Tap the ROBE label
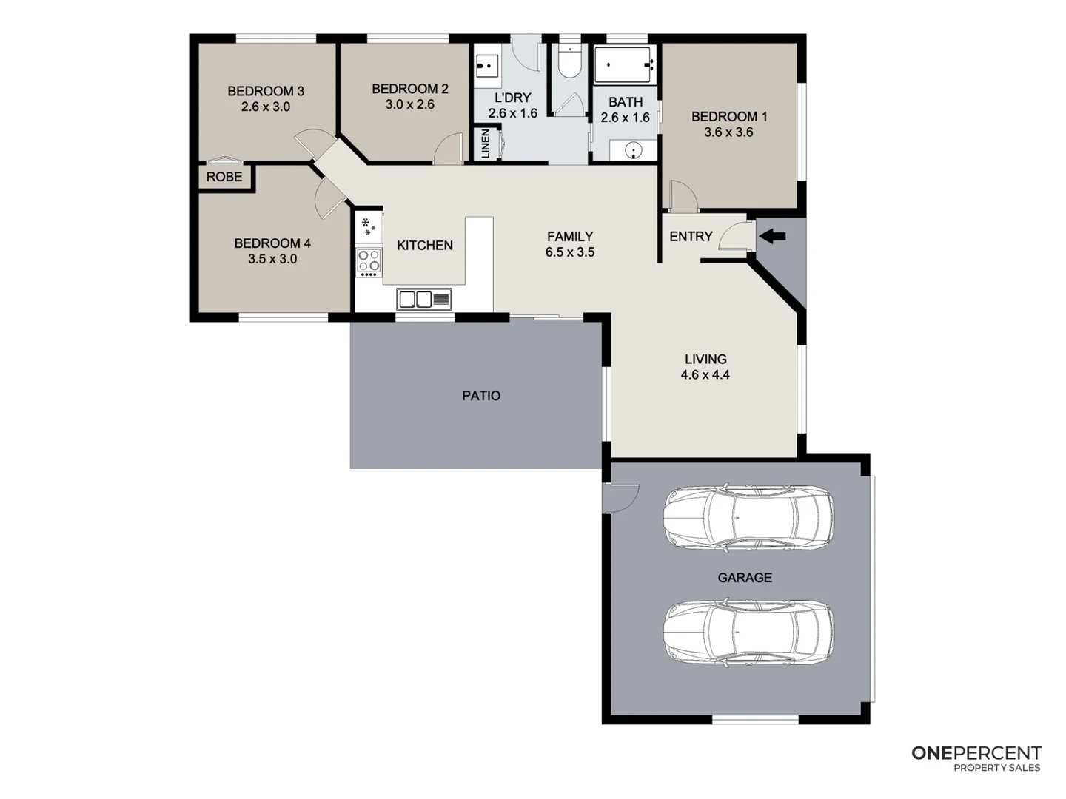pos(224,177)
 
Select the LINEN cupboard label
pos(486,144)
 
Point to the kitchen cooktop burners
pos(369,261)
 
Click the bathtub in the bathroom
pos(625,67)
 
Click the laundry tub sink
pos(488,66)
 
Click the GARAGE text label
pos(745,578)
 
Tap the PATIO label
pos(481,396)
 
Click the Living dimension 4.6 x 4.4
pos(705,375)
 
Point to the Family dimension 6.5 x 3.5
pos(569,252)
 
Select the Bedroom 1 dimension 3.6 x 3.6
pos(728,132)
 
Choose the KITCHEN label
pos(424,246)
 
